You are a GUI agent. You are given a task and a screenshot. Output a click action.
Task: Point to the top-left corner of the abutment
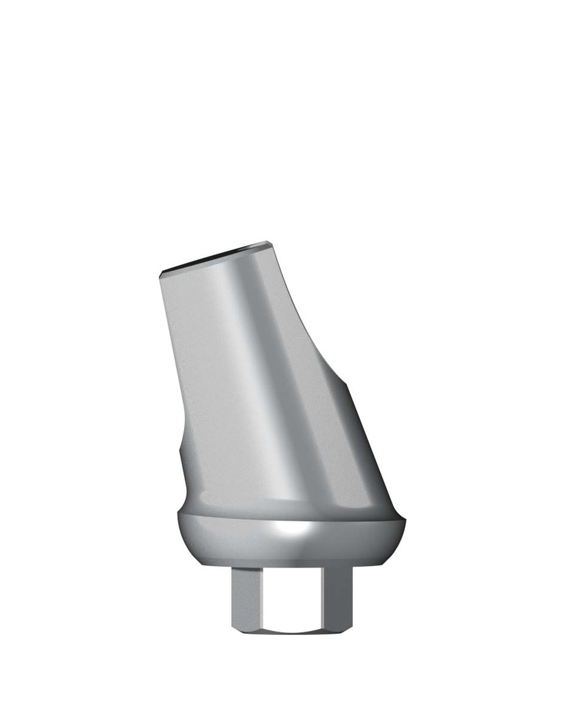(160, 272)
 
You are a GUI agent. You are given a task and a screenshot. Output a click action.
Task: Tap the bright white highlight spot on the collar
(290, 529)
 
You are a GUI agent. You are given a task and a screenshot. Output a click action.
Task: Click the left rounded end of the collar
(177, 531)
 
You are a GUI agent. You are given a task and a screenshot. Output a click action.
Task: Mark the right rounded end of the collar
(403, 531)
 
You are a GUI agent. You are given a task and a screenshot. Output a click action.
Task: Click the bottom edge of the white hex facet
(290, 630)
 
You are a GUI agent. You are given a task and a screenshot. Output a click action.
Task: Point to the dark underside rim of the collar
(290, 560)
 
